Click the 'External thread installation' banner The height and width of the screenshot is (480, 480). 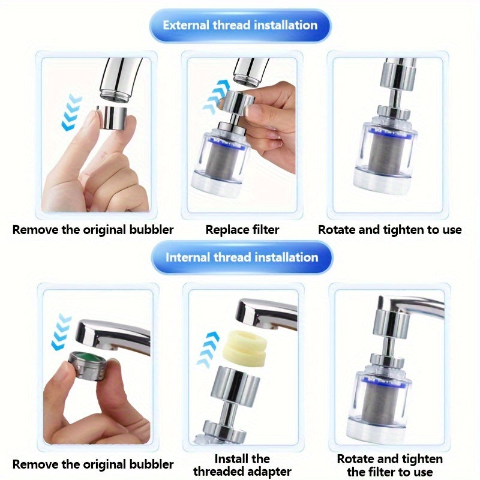point(240,25)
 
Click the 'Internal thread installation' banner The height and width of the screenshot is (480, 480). point(241,257)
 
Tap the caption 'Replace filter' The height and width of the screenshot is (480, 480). point(242,229)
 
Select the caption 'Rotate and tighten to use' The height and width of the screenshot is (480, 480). point(389,229)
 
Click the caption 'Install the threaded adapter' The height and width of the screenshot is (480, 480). point(242,465)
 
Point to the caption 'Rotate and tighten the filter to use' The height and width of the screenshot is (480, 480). point(389,465)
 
